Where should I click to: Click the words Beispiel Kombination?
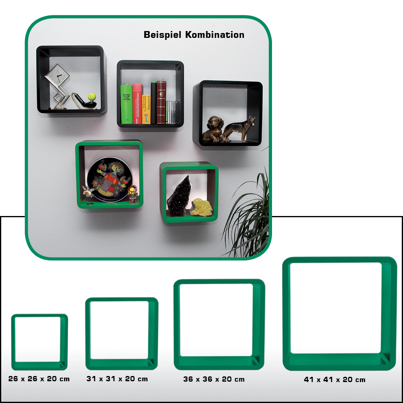[x=194, y=35]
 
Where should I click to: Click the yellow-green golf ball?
[x=92, y=97]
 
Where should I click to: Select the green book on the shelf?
[x=126, y=104]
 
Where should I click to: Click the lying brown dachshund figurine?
[x=213, y=129]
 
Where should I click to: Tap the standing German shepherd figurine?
[x=241, y=127]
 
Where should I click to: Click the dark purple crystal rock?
[x=178, y=196]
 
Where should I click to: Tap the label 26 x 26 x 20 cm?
[x=39, y=379]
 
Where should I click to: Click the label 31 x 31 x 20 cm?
[x=117, y=379]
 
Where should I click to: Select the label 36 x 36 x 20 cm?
[x=214, y=379]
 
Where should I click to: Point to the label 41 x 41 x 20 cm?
[x=334, y=380]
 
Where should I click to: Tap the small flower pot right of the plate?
[x=132, y=195]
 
